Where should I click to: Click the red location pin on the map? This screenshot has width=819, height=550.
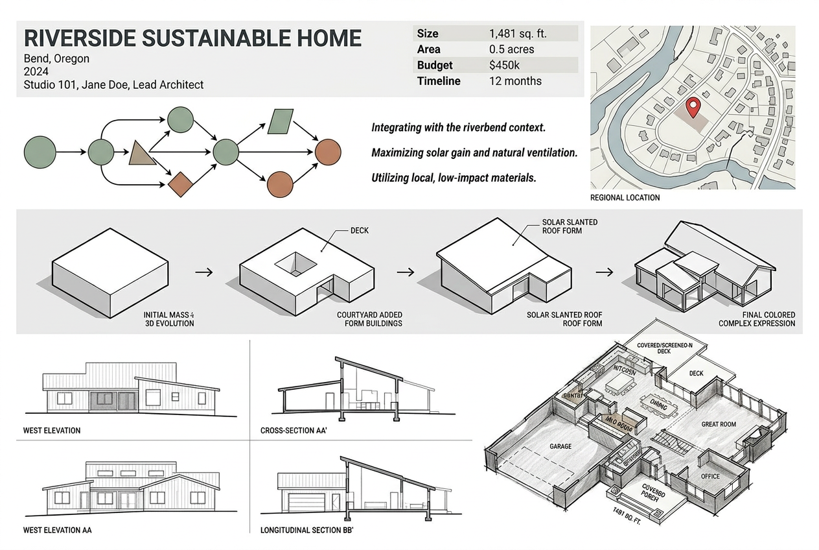(693, 107)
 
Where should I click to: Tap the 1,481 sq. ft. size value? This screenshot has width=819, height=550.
(518, 34)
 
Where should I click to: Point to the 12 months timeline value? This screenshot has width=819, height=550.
(515, 81)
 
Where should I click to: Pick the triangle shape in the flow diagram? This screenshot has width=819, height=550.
(141, 153)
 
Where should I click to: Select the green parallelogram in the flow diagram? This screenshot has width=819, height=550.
(280, 120)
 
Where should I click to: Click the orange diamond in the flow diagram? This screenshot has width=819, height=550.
(182, 184)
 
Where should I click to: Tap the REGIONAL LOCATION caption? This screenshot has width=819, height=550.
(625, 197)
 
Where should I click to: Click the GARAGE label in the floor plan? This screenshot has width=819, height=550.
(560, 446)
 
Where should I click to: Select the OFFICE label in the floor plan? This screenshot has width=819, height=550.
(710, 476)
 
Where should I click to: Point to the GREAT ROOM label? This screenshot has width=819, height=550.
(719, 424)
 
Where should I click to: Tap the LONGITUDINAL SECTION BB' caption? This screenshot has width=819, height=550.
(306, 530)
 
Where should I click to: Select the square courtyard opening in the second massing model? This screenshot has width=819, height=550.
(296, 263)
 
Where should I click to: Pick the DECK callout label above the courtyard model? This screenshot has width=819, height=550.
(359, 230)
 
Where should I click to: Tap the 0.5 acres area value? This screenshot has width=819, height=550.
(512, 49)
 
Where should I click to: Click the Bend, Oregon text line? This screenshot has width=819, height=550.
(56, 58)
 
